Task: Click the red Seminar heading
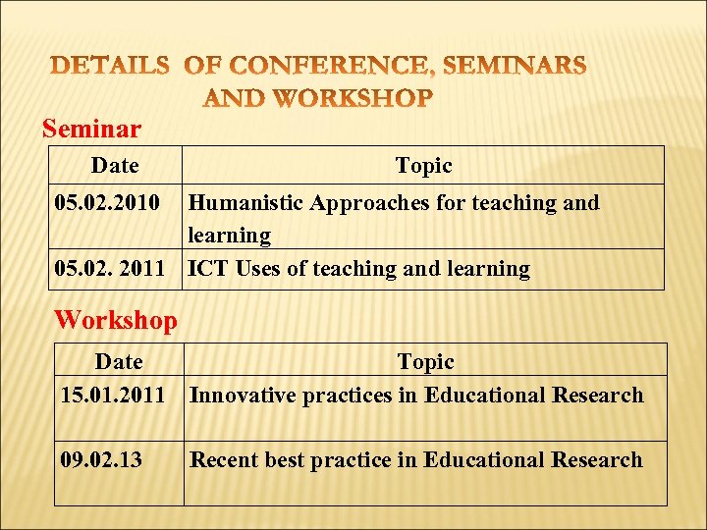tap(91, 129)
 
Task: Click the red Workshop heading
tap(116, 320)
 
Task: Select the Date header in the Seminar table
tap(115, 166)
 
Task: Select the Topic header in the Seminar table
tap(423, 166)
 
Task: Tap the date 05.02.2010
tap(107, 203)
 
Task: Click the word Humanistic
tap(245, 203)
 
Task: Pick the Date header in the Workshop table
tap(119, 362)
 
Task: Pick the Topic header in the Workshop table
tap(426, 362)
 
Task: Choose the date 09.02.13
tap(100, 460)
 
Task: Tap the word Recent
tap(222, 460)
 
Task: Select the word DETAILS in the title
tap(110, 67)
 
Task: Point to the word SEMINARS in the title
tap(516, 67)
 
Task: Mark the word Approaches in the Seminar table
tap(369, 203)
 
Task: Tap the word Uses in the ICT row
tap(259, 269)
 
